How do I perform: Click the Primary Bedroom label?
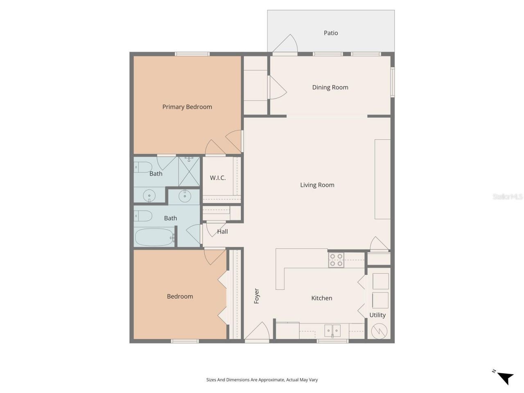pos(187,107)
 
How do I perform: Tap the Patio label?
pos(331,33)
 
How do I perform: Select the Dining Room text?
pos(330,87)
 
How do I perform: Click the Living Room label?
pos(317,185)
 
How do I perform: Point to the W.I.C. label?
pos(218,178)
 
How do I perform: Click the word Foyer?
pos(257,296)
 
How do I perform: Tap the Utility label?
pos(377,315)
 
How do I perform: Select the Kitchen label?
pos(321,298)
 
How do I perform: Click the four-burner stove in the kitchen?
pos(336,260)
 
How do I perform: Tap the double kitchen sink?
pos(332,330)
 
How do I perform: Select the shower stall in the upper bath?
pos(189,172)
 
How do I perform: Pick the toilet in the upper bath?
pos(143,167)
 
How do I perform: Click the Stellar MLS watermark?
pos(508,197)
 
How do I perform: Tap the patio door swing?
pos(287,44)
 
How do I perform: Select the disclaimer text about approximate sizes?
pos(262,379)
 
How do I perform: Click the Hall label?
pos(222,231)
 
